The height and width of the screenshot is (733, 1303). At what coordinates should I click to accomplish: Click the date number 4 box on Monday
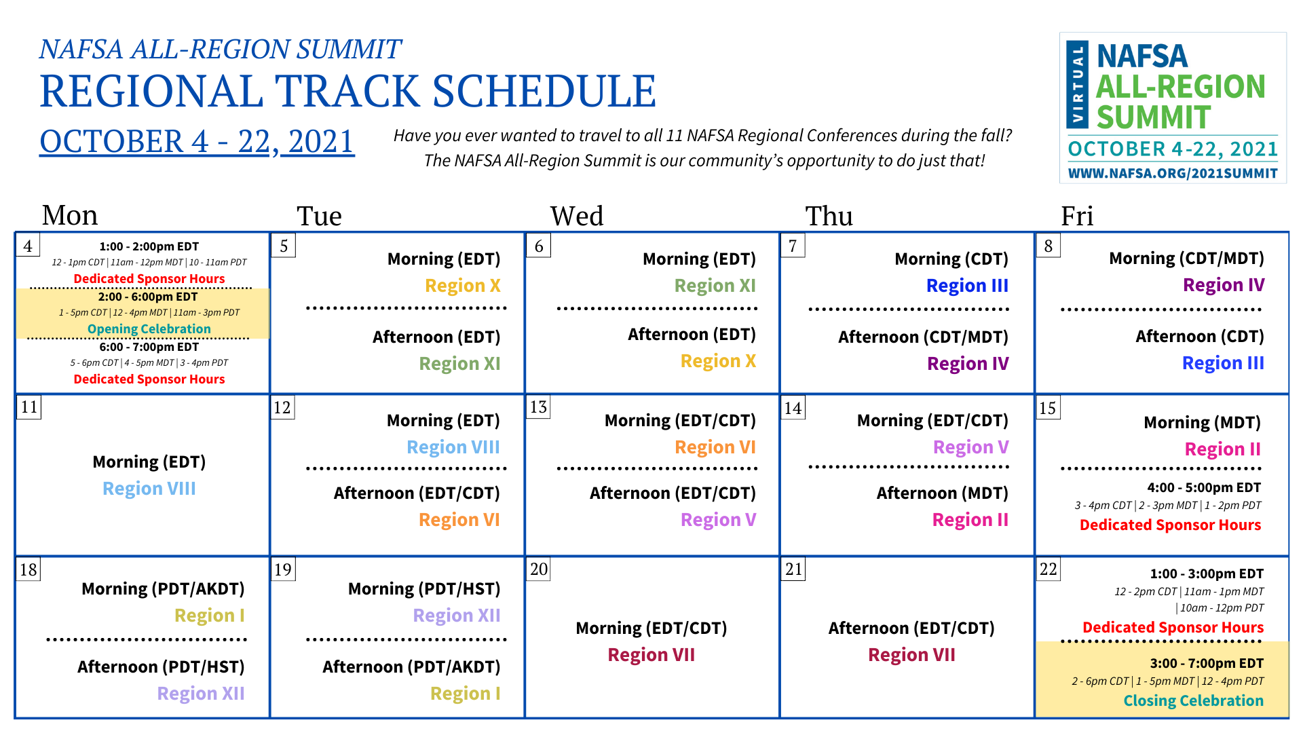tap(28, 245)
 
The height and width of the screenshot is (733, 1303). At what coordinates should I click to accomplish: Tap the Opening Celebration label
tap(149, 329)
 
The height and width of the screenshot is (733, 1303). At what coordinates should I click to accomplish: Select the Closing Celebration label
tap(1194, 700)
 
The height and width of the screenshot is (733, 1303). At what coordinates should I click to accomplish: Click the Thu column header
tap(829, 216)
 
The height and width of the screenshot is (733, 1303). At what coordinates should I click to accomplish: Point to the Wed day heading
tap(577, 216)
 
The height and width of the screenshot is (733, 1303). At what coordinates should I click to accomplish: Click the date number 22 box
tap(1049, 569)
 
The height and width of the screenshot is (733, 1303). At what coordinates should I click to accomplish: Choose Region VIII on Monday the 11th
tap(149, 489)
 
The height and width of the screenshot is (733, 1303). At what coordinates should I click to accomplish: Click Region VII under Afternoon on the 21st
tap(911, 655)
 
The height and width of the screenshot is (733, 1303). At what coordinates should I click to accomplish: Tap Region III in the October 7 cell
tap(967, 286)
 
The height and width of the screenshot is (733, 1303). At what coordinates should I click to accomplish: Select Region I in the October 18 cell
tap(210, 616)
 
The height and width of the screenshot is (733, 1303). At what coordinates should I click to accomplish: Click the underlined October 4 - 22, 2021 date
tap(197, 142)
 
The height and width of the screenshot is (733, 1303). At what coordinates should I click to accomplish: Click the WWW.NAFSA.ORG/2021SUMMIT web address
tap(1173, 174)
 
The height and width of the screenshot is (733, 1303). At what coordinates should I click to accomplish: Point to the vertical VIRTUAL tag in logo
tap(1078, 85)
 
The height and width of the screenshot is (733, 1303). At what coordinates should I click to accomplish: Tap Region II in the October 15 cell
tap(1222, 449)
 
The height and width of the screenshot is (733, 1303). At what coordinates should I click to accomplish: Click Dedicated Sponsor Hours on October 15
tap(1170, 525)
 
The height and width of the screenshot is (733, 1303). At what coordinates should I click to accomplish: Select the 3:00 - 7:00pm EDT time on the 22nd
tap(1207, 663)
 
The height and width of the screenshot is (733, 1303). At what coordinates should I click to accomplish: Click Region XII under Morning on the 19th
tap(457, 616)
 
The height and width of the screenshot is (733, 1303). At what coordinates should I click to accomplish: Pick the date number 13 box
tap(538, 407)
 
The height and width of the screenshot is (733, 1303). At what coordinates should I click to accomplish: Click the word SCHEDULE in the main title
tap(544, 92)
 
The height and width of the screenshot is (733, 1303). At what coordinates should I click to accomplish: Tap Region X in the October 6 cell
tap(718, 361)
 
